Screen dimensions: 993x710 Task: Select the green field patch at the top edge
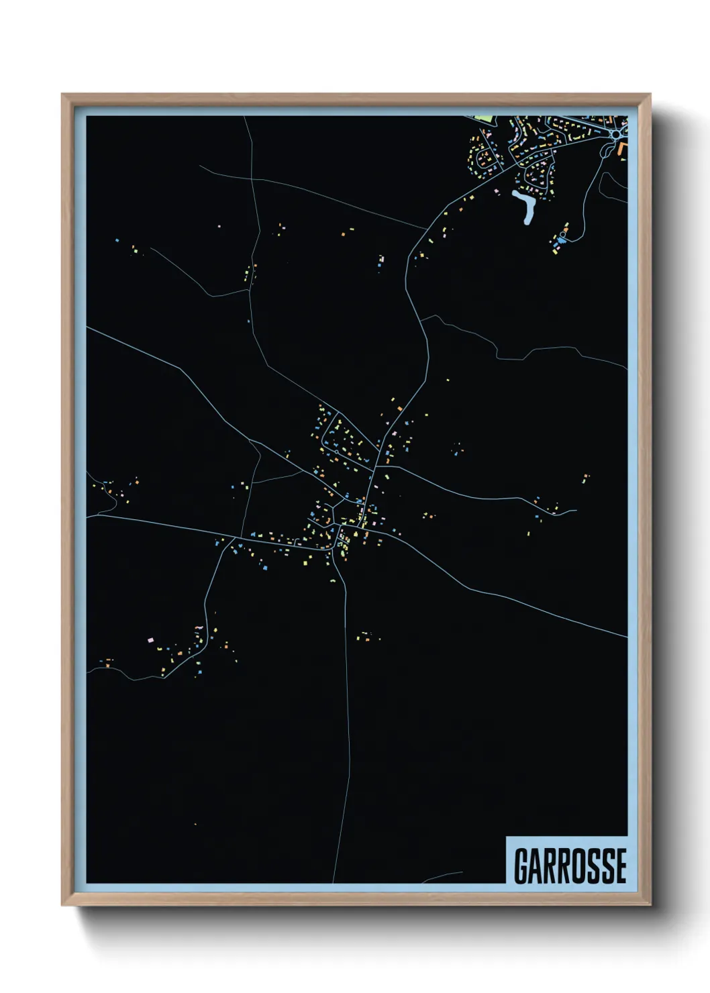(x=485, y=119)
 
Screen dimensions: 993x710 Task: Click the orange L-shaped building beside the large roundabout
(x=623, y=148)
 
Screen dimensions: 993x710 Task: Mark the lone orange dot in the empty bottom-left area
(x=195, y=824)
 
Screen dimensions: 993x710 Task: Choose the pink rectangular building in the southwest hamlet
(x=150, y=639)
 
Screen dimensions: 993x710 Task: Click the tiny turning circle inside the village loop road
(x=325, y=443)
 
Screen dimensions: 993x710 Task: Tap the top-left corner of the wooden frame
(x=62, y=95)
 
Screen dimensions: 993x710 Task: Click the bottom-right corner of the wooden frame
(x=651, y=906)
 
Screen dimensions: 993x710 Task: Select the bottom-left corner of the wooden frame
(x=62, y=906)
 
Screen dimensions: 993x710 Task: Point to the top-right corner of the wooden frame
(x=651, y=95)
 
